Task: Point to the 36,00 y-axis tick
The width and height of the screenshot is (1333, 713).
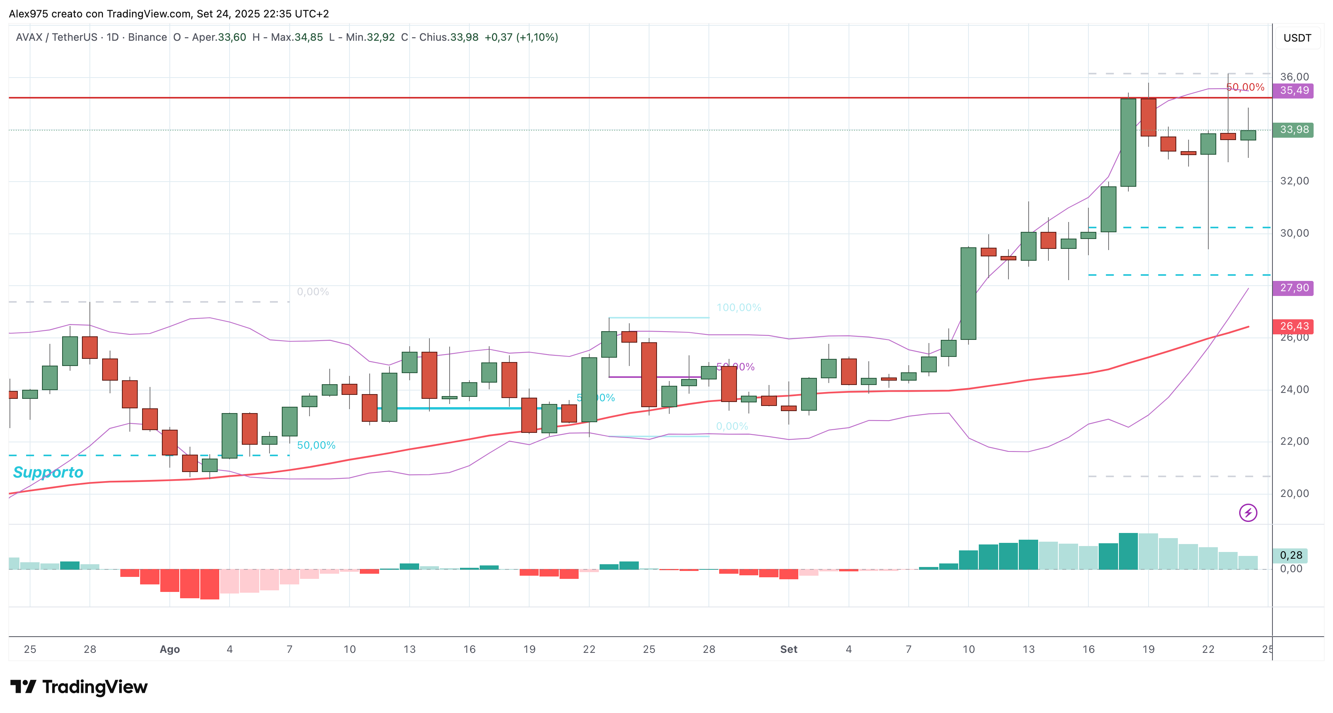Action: (x=1294, y=77)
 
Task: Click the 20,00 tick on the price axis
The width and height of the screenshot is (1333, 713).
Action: (x=1294, y=493)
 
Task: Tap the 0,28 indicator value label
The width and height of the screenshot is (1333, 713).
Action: (x=1291, y=555)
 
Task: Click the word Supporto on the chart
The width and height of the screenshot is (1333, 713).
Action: (x=48, y=472)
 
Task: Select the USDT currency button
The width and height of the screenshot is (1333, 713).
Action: (x=1297, y=38)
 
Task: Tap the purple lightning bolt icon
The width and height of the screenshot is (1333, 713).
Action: (x=1248, y=513)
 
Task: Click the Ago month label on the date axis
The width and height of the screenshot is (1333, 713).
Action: (x=170, y=649)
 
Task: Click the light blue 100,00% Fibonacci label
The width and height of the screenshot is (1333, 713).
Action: (x=739, y=307)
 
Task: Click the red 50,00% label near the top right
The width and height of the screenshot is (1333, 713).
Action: (x=1246, y=87)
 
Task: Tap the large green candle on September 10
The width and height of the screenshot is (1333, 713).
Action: (x=968, y=293)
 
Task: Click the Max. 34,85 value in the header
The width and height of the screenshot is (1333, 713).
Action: (x=296, y=37)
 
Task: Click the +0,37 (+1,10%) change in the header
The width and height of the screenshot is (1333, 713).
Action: (x=521, y=37)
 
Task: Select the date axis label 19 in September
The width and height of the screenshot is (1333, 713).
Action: (x=1148, y=649)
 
